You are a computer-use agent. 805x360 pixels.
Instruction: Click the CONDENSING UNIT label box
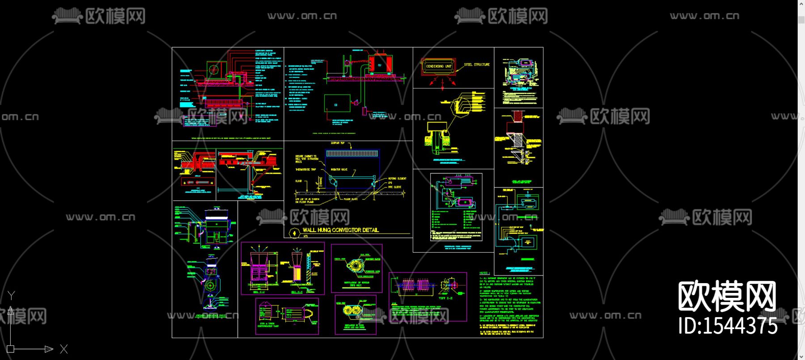point(439,66)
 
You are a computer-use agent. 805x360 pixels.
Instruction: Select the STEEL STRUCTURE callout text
point(477,64)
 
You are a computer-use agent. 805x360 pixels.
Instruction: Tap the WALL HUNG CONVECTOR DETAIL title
point(340,230)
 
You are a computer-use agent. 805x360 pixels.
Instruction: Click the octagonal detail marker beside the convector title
point(294,233)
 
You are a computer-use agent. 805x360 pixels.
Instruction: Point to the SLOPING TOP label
point(338,143)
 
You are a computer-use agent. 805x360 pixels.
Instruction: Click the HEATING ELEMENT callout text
point(397,178)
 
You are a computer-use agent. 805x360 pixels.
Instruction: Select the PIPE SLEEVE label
point(394,187)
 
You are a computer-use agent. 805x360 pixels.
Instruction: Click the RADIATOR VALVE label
point(339,169)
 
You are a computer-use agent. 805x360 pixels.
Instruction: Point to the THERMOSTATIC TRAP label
point(305,169)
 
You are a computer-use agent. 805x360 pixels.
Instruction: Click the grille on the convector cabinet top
point(352,153)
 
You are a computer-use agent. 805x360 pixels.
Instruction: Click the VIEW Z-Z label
point(445,297)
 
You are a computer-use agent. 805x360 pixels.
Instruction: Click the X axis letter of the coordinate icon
point(64,349)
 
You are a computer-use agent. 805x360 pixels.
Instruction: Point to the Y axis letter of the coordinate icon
point(12,295)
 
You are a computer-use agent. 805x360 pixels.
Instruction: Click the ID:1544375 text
point(728,326)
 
